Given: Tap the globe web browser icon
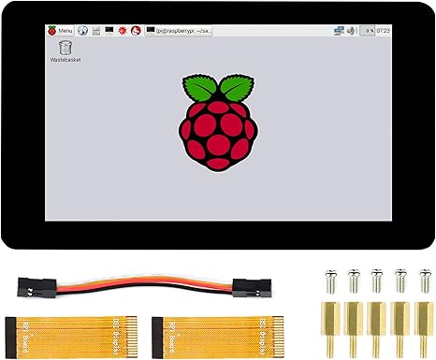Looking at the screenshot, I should pos(82,30).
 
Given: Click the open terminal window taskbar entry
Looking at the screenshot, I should pos(178,30).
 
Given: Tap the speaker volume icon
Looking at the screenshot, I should pos(350,30).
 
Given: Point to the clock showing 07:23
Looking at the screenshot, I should pos(384,30).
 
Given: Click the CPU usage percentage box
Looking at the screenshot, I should pos(368,30).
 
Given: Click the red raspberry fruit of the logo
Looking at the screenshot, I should pos(217,131).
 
